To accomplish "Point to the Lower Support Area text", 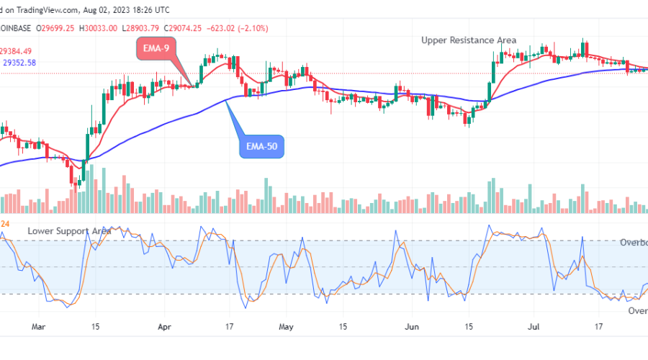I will tap(70, 230).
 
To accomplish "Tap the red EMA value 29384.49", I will tap(16, 50).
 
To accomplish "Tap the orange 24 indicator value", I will tap(4, 223).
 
